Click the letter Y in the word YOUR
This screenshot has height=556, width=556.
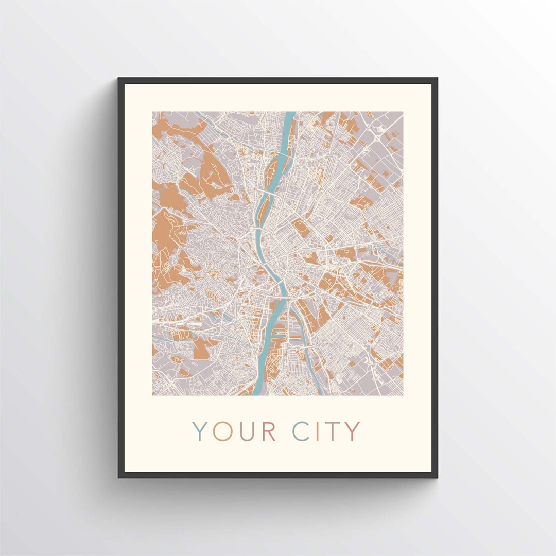(200, 431)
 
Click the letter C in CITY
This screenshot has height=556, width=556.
(301, 431)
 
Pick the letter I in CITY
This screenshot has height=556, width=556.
(318, 431)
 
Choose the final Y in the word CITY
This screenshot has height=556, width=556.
(352, 431)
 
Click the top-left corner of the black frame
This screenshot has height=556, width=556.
(119, 79)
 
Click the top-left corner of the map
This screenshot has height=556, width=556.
(153, 112)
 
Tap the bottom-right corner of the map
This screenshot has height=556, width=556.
(403, 395)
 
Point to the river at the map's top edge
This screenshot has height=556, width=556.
(290, 114)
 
